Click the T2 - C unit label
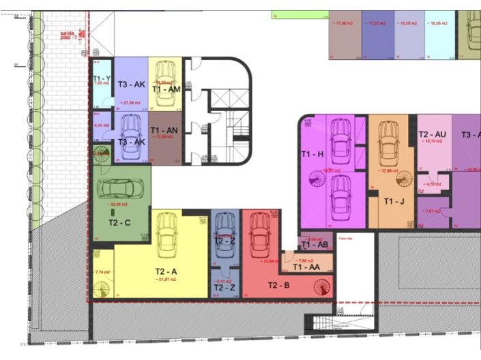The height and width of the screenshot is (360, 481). [x=119, y=222]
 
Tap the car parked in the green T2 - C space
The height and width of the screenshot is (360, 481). [x=123, y=186]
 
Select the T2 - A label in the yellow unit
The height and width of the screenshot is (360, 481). [x=166, y=271]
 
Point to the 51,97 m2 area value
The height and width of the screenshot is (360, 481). [x=166, y=280]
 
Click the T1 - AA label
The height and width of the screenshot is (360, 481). [x=306, y=267]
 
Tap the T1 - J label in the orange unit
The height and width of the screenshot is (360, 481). [x=394, y=202]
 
